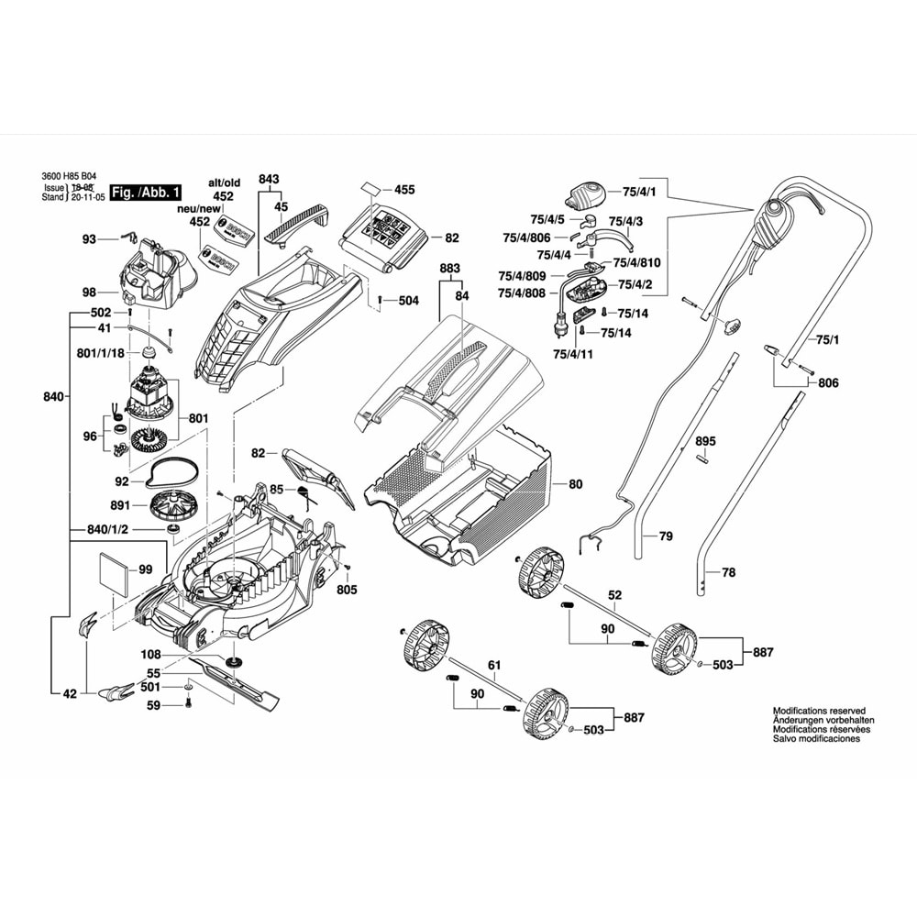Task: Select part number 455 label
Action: [x=404, y=190]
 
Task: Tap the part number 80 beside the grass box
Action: [x=575, y=483]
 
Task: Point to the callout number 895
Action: [x=704, y=441]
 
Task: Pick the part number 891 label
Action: [x=121, y=505]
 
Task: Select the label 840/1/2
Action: [x=107, y=531]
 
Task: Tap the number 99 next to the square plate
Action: [x=146, y=569]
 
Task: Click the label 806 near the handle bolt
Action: [x=828, y=383]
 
